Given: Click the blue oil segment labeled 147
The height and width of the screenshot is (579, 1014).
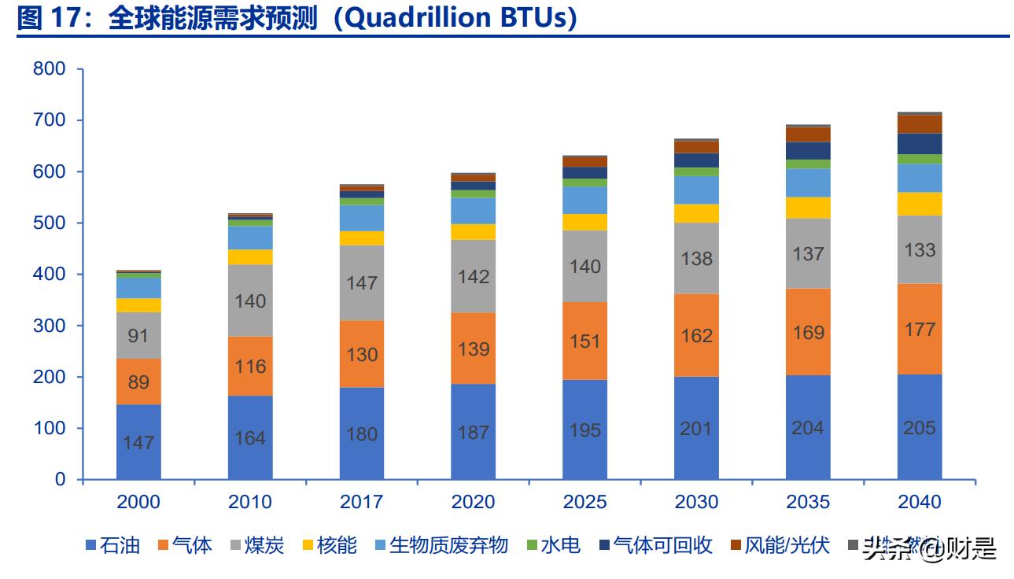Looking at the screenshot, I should click(138, 442).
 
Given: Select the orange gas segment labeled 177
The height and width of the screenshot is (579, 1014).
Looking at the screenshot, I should click(920, 329).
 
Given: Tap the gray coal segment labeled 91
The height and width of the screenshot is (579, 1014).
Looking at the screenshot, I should click(138, 336).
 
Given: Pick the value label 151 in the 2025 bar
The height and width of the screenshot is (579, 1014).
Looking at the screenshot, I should click(585, 341).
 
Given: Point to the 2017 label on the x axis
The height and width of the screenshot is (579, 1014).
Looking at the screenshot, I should click(362, 502).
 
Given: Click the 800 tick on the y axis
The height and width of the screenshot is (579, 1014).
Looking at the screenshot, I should click(49, 69).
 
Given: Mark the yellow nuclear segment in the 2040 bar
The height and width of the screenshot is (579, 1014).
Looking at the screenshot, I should click(920, 204).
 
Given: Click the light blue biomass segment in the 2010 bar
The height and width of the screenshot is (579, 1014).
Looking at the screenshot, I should click(250, 238).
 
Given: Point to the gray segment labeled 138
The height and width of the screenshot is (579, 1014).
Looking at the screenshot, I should click(697, 258).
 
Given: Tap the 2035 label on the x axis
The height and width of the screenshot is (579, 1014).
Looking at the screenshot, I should click(808, 502).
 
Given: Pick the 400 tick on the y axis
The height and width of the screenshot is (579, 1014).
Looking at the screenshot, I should click(49, 275).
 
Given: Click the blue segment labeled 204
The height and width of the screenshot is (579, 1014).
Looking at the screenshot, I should click(808, 427).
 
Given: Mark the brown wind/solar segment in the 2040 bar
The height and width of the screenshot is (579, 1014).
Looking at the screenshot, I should click(920, 124).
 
